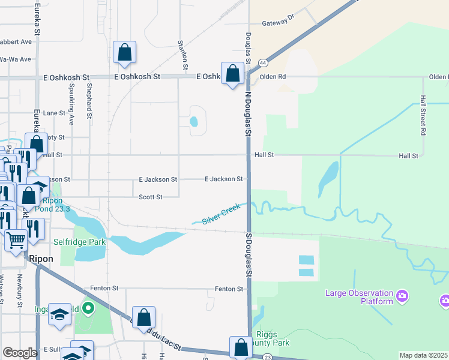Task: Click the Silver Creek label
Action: [x=221, y=214]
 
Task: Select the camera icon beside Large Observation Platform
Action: [x=402, y=295]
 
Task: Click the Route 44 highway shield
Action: [x=263, y=62]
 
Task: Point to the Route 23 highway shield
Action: [x=268, y=356]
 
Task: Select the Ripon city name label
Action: [x=41, y=259]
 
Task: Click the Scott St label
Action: [x=151, y=197]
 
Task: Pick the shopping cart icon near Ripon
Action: [x=16, y=240]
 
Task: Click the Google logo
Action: [x=20, y=353]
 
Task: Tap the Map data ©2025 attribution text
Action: [x=424, y=355]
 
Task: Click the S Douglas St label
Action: [x=247, y=255]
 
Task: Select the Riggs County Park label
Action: [x=272, y=339]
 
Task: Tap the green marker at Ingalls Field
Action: [x=89, y=310]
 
